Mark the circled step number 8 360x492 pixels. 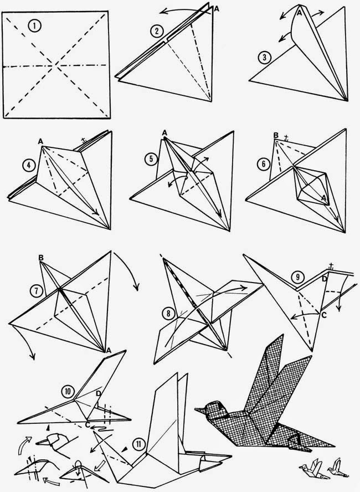point(167,312)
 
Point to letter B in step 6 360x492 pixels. point(275,135)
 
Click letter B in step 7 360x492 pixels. point(42,258)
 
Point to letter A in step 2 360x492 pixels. point(215,8)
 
